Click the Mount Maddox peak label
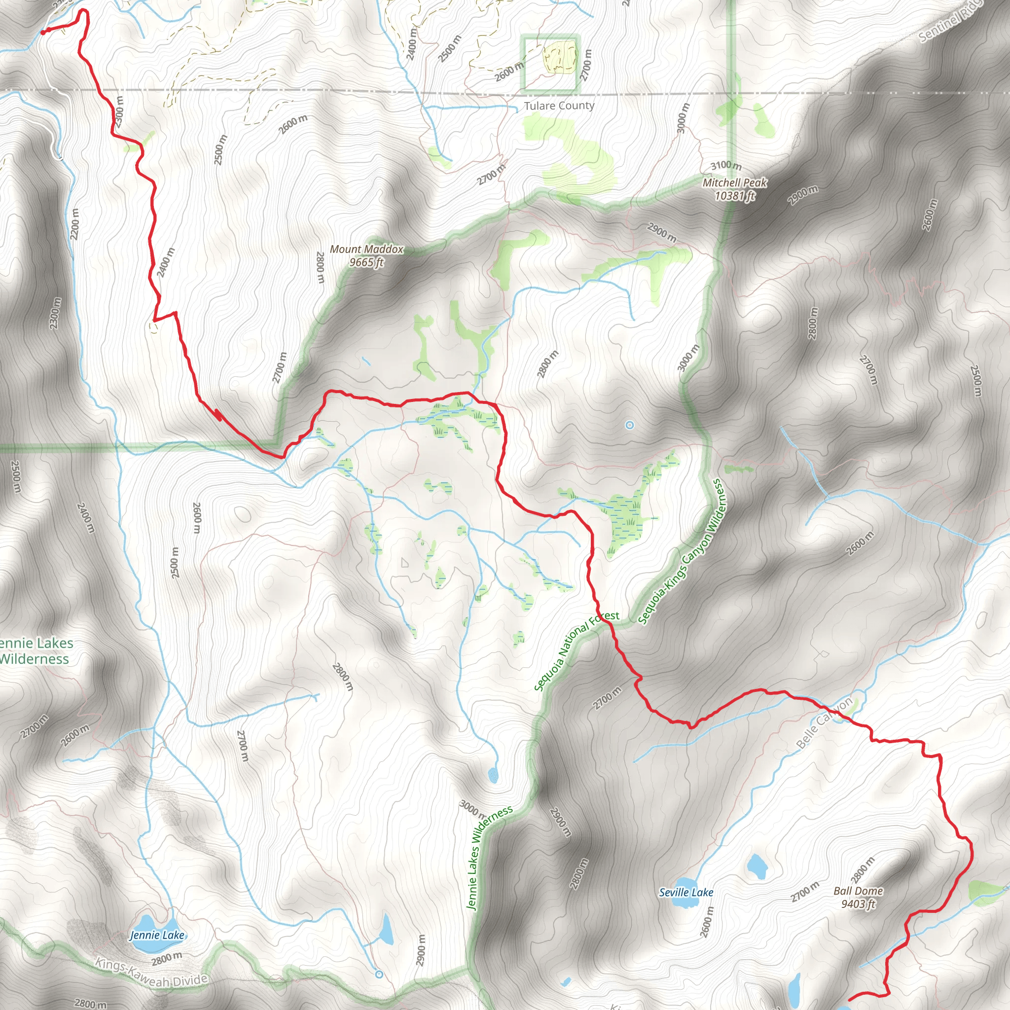click(x=366, y=250)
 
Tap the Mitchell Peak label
click(x=734, y=182)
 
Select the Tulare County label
click(x=559, y=106)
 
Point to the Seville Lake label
click(x=686, y=892)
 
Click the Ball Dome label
click(x=859, y=891)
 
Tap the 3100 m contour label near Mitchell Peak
click(x=725, y=166)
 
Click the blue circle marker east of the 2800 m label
click(x=629, y=425)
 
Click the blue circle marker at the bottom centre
click(x=379, y=974)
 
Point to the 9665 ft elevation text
click(x=366, y=262)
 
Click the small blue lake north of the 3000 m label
click(x=493, y=775)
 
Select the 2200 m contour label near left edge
click(x=75, y=224)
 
